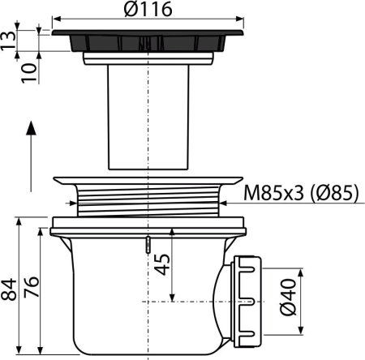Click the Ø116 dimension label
(148, 9)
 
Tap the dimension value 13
(8, 41)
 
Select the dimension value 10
(29, 73)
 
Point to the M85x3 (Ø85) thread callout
(302, 193)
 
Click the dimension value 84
(8, 289)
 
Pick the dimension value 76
(32, 287)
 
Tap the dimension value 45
(161, 264)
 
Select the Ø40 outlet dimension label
(288, 298)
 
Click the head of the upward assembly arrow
(32, 127)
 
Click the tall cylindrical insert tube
(148, 118)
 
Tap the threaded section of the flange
(148, 200)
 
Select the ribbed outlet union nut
(247, 302)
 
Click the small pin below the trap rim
(148, 245)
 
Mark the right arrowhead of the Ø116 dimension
(240, 19)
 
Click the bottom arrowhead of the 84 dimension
(19, 349)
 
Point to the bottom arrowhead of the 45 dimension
(172, 298)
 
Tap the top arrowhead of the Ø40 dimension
(301, 272)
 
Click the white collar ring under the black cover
(148, 58)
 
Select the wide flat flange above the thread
(148, 181)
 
